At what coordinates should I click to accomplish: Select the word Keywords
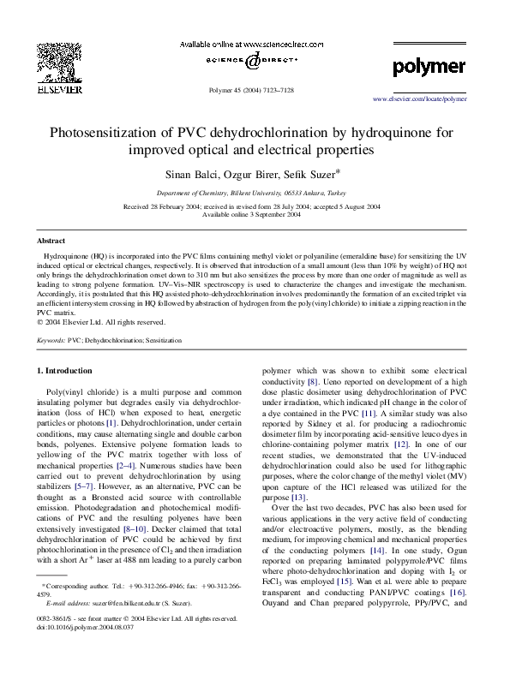[51, 340]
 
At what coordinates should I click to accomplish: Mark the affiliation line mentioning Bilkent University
[255, 194]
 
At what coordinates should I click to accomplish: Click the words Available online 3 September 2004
[255, 214]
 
